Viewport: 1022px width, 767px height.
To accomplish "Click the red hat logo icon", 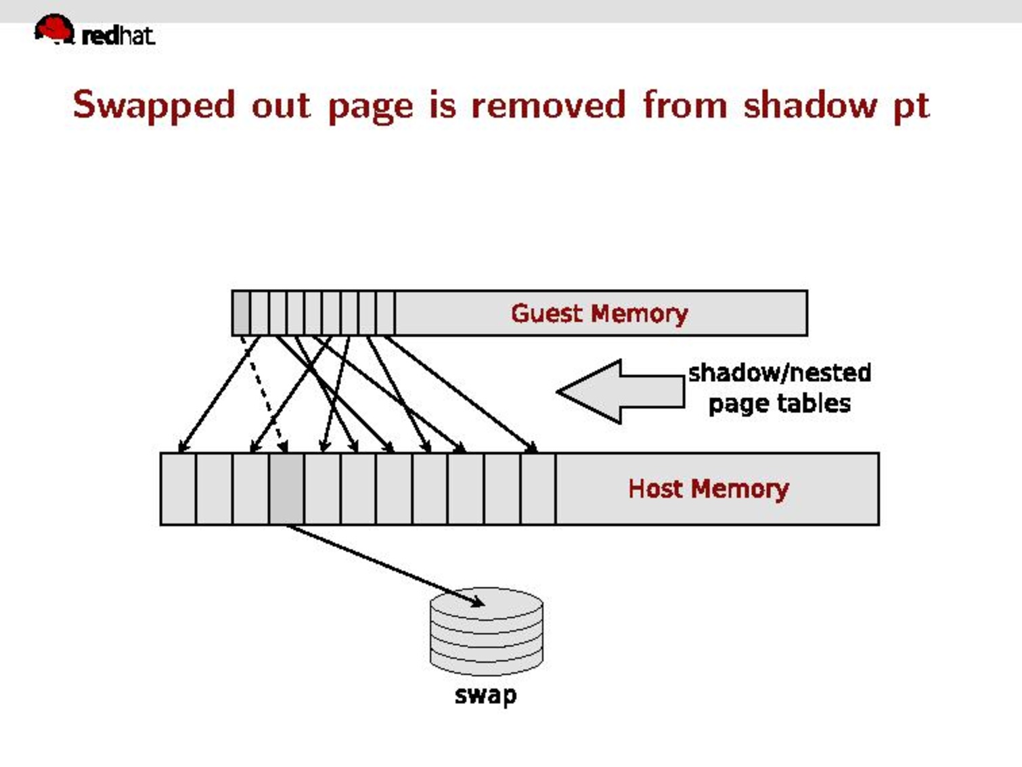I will [x=53, y=29].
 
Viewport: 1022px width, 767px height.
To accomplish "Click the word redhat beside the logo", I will [x=118, y=35].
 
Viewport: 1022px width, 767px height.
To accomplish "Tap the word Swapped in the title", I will [x=154, y=106].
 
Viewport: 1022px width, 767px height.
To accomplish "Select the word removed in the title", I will [x=548, y=106].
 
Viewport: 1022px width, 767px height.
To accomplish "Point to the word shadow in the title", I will [x=809, y=106].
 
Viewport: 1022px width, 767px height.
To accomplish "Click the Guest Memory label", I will [x=599, y=313].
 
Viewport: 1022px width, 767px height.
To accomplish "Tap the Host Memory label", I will [x=708, y=489].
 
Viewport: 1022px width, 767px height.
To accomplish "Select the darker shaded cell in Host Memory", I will [x=286, y=489].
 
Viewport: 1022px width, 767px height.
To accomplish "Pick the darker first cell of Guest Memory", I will [x=240, y=313].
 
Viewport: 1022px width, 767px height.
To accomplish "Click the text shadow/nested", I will [x=779, y=373].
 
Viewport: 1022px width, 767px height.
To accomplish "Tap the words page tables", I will [x=779, y=404].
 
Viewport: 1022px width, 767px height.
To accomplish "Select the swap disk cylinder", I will [x=486, y=633].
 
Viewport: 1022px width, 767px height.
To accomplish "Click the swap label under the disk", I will [x=485, y=695].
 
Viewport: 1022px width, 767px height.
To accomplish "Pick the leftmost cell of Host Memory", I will [x=178, y=489].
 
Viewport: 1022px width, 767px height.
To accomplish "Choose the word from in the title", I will [x=684, y=106].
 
